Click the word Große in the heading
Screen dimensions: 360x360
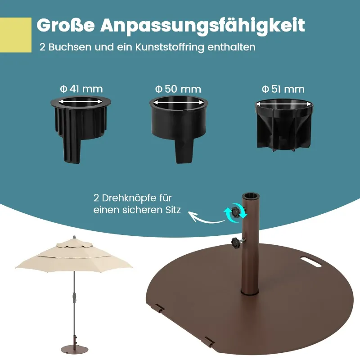tap(65, 25)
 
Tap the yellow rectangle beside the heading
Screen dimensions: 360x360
tap(16, 35)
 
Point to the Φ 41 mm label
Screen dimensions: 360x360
tap(81, 89)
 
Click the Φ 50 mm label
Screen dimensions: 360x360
tap(178, 89)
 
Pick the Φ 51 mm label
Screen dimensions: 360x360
tap(283, 89)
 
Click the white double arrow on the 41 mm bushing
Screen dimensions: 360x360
tap(81, 102)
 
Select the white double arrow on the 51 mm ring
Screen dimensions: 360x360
tap(284, 104)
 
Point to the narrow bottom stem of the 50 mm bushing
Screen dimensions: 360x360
tap(184, 151)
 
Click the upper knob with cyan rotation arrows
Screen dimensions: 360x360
tap(236, 212)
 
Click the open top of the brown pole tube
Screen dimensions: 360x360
tap(251, 196)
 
